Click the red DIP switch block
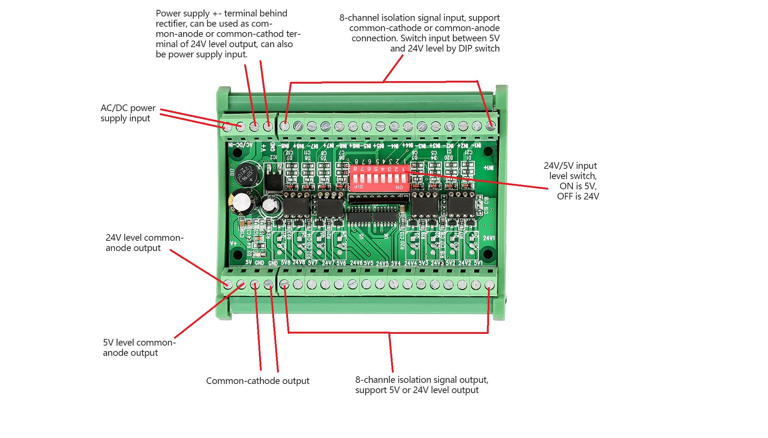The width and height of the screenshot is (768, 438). [379, 178]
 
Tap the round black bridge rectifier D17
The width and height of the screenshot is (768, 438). [247, 175]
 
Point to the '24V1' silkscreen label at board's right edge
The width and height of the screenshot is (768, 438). [489, 238]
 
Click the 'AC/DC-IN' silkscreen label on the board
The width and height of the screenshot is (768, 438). [240, 145]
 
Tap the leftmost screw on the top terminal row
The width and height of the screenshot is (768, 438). [227, 127]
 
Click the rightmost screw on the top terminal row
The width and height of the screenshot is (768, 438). [491, 126]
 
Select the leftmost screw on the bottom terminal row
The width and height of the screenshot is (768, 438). [228, 284]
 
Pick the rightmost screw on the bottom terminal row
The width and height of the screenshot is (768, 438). [489, 285]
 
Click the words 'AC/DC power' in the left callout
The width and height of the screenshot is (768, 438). [128, 108]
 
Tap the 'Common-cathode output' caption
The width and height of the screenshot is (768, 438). [257, 381]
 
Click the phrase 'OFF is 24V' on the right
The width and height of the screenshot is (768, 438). [578, 197]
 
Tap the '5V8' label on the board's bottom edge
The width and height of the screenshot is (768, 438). [285, 263]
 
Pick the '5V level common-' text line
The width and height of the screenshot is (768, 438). [139, 343]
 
